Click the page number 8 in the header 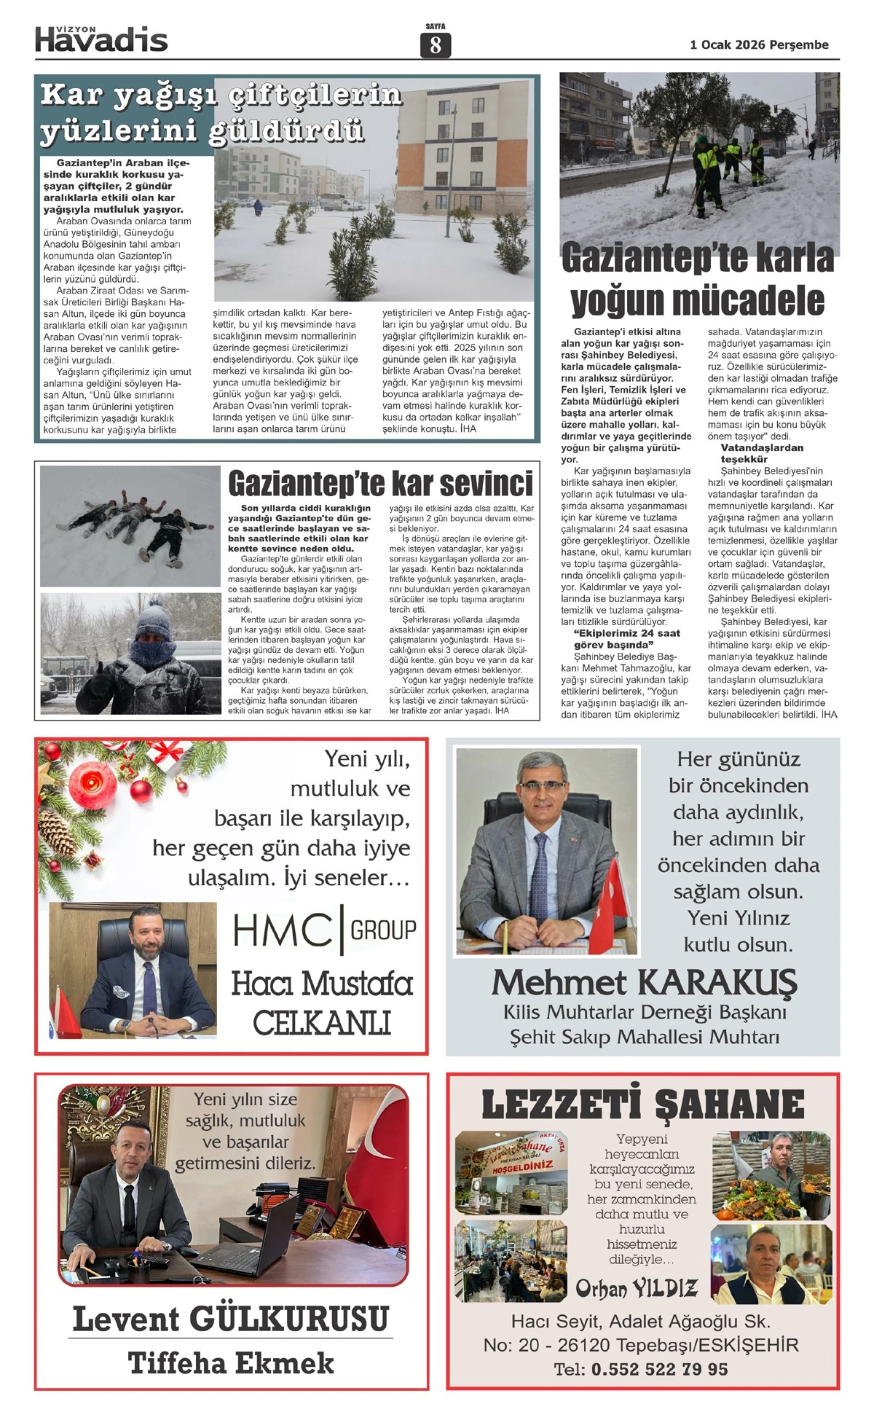(x=436, y=45)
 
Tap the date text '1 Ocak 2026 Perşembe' (x=759, y=45)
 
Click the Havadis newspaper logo (x=101, y=39)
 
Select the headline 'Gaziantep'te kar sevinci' (x=380, y=483)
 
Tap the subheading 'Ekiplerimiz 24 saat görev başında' (x=626, y=639)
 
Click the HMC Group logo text (x=324, y=930)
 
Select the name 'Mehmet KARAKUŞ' (x=644, y=982)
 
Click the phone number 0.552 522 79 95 (x=659, y=1369)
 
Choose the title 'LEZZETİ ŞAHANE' (x=643, y=1105)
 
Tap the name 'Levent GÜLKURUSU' (x=231, y=1319)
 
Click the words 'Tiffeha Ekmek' (x=231, y=1363)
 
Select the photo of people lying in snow (x=130, y=526)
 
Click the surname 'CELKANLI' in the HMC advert (x=321, y=1023)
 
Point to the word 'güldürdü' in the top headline (x=286, y=131)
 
